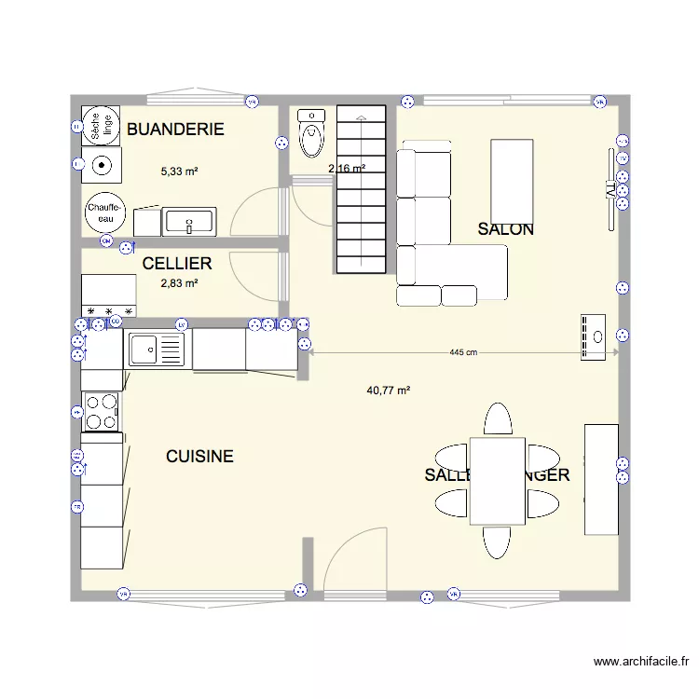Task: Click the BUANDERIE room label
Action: [x=175, y=130]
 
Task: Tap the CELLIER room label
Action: [x=177, y=264]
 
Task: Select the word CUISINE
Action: [x=199, y=457]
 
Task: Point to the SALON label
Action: [x=505, y=229]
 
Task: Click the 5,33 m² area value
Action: [x=179, y=171]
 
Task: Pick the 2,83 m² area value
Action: [x=178, y=283]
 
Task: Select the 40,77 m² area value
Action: [x=389, y=391]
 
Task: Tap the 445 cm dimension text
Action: [x=463, y=352]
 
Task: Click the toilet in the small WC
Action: [x=310, y=132]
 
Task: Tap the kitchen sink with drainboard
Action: [x=156, y=349]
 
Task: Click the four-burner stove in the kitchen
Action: [x=102, y=411]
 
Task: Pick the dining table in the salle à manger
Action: [x=498, y=481]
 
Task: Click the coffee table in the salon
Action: [x=512, y=177]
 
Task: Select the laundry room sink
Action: [x=189, y=222]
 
